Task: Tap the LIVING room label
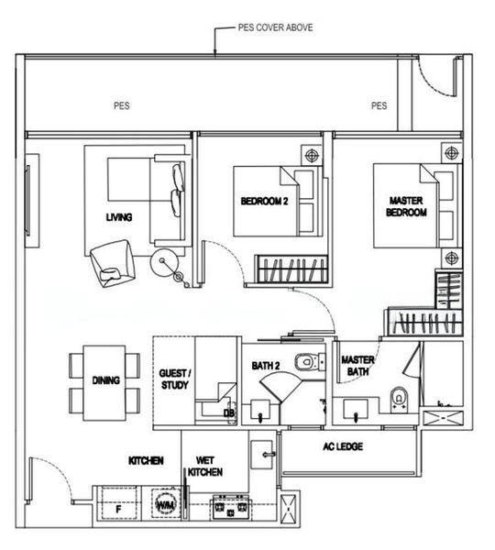point(119,217)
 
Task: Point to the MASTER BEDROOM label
point(407,206)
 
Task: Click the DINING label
point(106,380)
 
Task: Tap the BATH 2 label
point(265,367)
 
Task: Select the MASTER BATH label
point(356,367)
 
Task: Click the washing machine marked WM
point(166,505)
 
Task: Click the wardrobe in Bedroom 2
point(291,269)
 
